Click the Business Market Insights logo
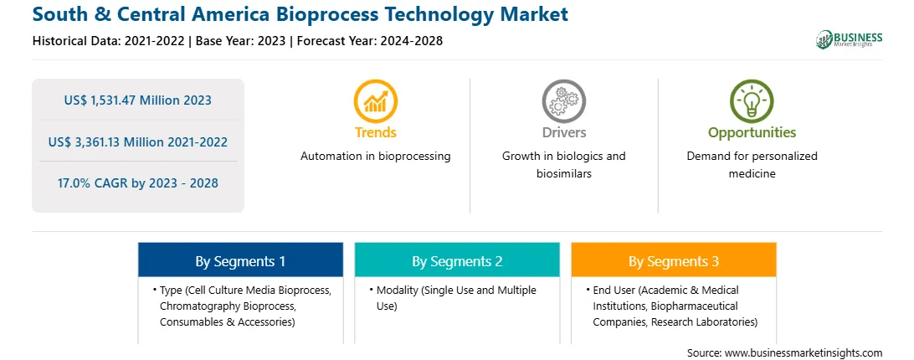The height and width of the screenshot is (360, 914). tap(849, 39)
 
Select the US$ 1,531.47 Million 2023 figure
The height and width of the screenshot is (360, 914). tap(137, 100)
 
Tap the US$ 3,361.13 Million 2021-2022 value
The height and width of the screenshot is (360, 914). tap(137, 141)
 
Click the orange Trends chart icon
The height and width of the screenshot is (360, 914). tap(375, 101)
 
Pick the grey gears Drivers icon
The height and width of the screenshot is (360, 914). tap(563, 101)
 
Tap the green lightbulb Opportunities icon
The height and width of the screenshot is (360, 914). tap(752, 101)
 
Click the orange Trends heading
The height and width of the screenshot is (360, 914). tap(375, 132)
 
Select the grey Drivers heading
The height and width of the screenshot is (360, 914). tap(563, 132)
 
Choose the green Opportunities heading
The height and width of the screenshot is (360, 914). tap(752, 133)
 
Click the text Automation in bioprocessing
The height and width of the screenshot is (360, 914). tap(375, 157)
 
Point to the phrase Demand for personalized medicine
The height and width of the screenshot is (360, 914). tap(752, 165)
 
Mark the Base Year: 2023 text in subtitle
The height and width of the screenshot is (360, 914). tap(241, 41)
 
